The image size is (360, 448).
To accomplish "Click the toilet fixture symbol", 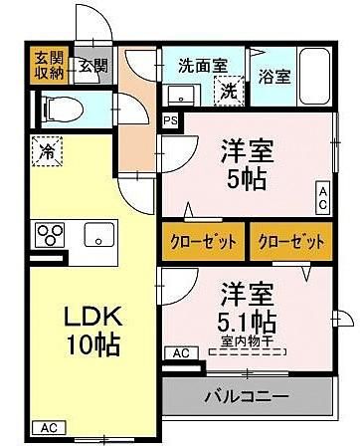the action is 63,109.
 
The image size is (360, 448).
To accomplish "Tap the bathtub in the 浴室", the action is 314,77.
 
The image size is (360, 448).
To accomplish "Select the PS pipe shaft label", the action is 170,120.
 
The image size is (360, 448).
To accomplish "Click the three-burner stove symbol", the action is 50,235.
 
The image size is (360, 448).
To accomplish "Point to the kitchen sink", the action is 99,234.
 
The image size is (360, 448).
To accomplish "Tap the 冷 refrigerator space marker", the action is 48,151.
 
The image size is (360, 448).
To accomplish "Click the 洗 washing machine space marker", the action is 229,91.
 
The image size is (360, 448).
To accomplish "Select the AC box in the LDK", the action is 49,428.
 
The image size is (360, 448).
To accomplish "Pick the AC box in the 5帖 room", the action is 322,198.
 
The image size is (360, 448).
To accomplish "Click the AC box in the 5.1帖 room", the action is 181,353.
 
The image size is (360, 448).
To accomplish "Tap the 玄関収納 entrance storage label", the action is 50,66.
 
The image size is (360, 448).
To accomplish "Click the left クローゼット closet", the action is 203,241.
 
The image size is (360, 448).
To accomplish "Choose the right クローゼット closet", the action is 291,241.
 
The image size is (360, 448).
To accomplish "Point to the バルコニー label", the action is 247,396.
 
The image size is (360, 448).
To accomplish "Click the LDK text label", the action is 93,317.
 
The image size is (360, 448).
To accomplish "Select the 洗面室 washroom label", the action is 203,65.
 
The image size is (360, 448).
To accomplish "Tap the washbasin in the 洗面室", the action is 181,95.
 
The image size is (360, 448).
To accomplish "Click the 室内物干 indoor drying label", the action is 247,340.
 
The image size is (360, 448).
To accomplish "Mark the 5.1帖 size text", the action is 247,322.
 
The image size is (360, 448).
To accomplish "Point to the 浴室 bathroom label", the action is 274,77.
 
